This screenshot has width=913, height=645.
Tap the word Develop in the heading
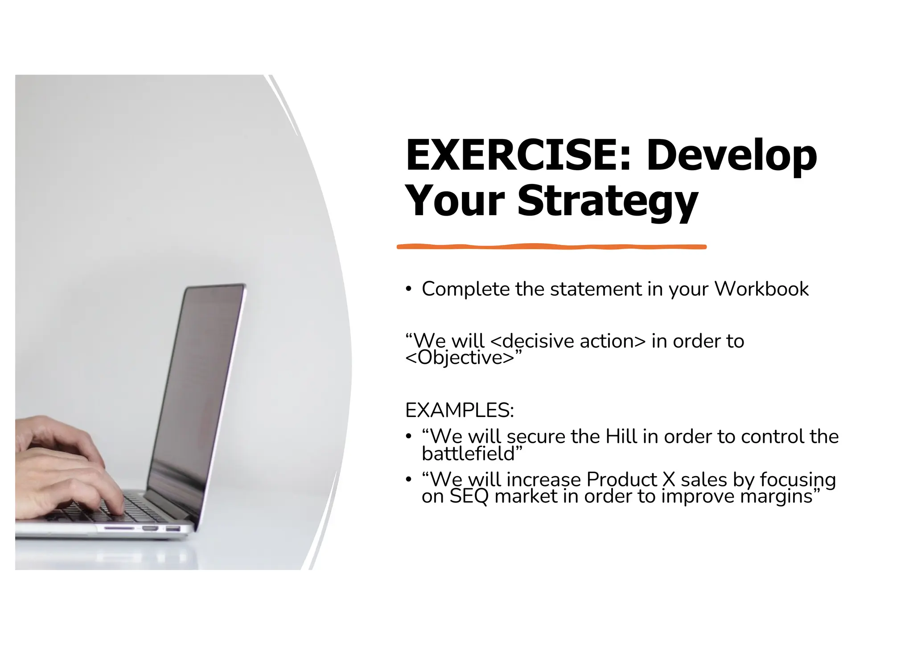coord(732,156)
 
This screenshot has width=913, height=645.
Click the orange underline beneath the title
coord(551,246)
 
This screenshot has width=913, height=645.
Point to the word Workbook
coord(761,289)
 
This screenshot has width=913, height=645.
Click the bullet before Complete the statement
coord(408,289)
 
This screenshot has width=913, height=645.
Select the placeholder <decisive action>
coord(568,341)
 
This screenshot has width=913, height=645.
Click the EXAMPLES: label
coord(459,410)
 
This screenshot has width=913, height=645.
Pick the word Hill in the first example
coord(621,437)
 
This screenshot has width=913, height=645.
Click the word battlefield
coord(468,454)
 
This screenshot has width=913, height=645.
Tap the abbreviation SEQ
coord(469,496)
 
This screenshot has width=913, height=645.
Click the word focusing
coord(798,480)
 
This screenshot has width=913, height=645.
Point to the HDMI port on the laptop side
coord(150,528)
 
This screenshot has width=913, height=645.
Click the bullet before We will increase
coord(408,480)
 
